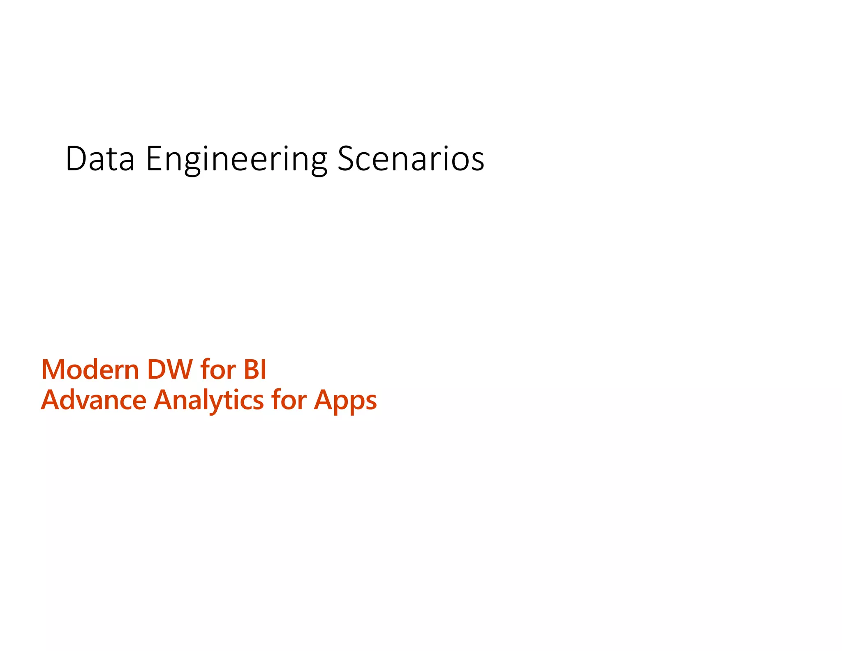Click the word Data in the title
click(x=100, y=158)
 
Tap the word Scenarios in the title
click(x=411, y=158)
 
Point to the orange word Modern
click(x=90, y=369)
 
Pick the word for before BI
click(x=218, y=369)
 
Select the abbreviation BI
click(x=255, y=369)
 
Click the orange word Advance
click(x=94, y=400)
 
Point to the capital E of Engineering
click(x=154, y=158)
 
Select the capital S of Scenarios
click(x=346, y=158)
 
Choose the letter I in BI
click(x=264, y=369)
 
